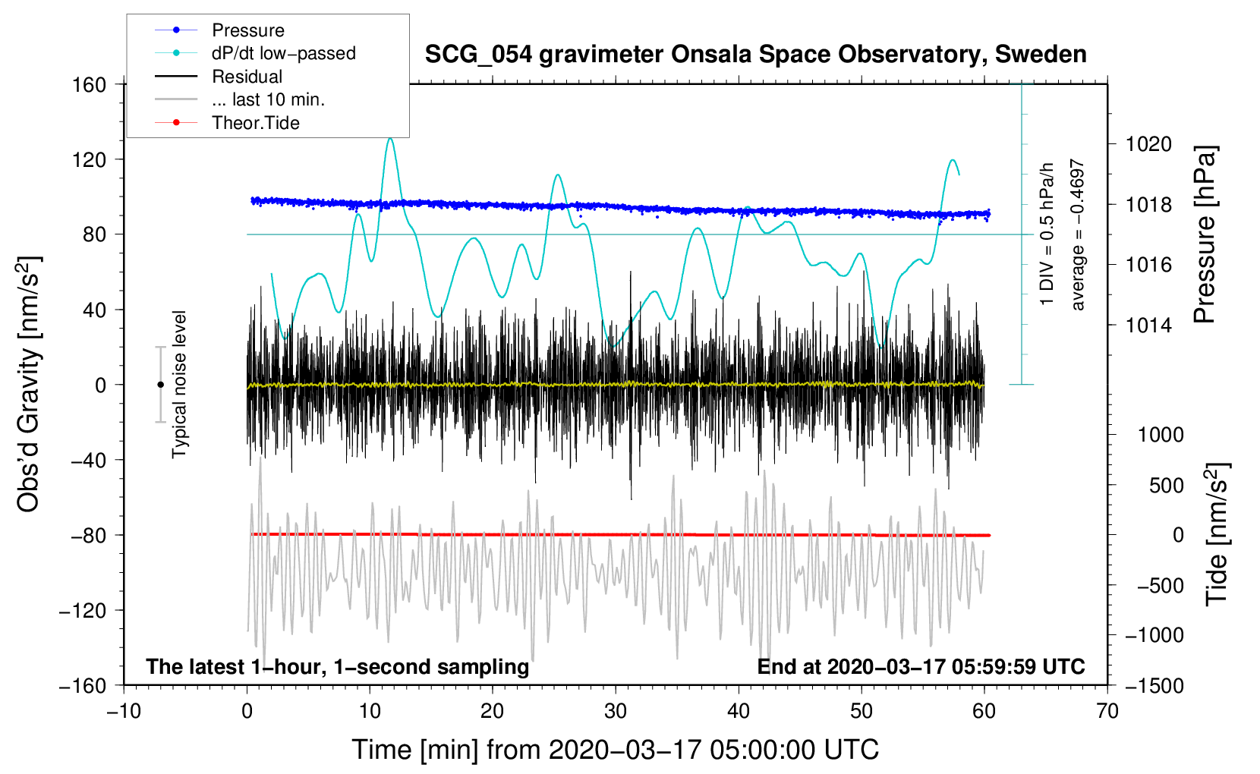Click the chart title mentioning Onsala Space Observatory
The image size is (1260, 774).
click(x=755, y=55)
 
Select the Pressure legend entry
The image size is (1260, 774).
click(x=219, y=30)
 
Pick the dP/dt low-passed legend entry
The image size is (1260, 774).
click(x=255, y=53)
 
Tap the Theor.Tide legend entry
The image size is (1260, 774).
click(x=227, y=123)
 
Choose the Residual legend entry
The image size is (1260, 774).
click(x=219, y=77)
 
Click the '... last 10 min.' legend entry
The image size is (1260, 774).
click(x=240, y=99)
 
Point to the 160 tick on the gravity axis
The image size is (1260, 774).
click(x=89, y=85)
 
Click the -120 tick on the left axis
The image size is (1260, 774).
click(x=82, y=610)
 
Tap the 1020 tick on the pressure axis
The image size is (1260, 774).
click(x=1148, y=145)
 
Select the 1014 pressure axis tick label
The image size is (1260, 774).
click(x=1148, y=325)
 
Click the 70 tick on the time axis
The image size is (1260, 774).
click(x=1107, y=711)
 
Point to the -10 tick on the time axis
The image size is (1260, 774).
click(x=124, y=711)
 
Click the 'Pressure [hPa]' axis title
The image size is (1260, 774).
click(x=1205, y=234)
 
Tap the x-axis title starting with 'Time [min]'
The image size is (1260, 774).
click(x=616, y=750)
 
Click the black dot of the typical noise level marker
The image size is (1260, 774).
click(x=160, y=385)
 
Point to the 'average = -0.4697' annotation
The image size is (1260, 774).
click(x=1077, y=234)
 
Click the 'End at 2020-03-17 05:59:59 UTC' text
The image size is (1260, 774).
click(x=921, y=666)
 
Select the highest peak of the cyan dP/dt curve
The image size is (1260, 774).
click(x=390, y=138)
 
